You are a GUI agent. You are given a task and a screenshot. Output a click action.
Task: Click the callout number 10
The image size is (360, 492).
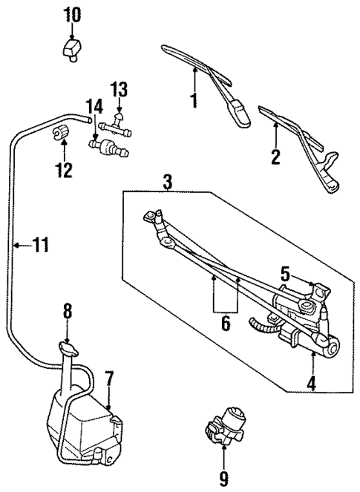click(72, 13)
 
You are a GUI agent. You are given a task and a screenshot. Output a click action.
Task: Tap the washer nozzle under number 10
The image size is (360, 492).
click(71, 51)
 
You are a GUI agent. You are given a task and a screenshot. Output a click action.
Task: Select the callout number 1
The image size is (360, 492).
click(194, 99)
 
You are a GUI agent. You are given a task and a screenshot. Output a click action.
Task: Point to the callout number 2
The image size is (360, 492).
click(275, 156)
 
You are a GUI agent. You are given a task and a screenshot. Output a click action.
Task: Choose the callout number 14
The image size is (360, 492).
click(94, 105)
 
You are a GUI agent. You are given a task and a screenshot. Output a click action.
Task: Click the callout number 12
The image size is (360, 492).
click(63, 170)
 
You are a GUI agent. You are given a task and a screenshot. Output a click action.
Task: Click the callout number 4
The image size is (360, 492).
click(312, 384)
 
